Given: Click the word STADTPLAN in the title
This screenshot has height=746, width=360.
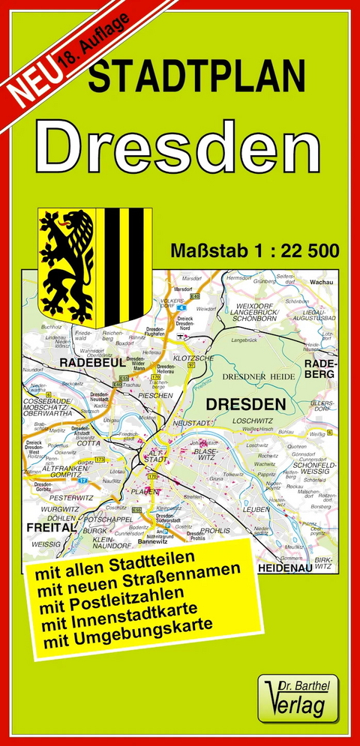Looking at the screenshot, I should pyautogui.click(x=197, y=77).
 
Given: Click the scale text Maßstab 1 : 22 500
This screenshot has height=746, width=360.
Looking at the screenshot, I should pyautogui.click(x=254, y=250).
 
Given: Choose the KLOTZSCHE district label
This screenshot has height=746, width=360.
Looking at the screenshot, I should pyautogui.click(x=194, y=359).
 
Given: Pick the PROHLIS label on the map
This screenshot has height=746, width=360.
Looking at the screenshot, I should pyautogui.click(x=215, y=531).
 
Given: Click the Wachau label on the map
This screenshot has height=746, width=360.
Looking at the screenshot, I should pyautogui.click(x=320, y=283).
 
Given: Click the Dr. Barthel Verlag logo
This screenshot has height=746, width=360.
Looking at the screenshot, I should pyautogui.click(x=298, y=698).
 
